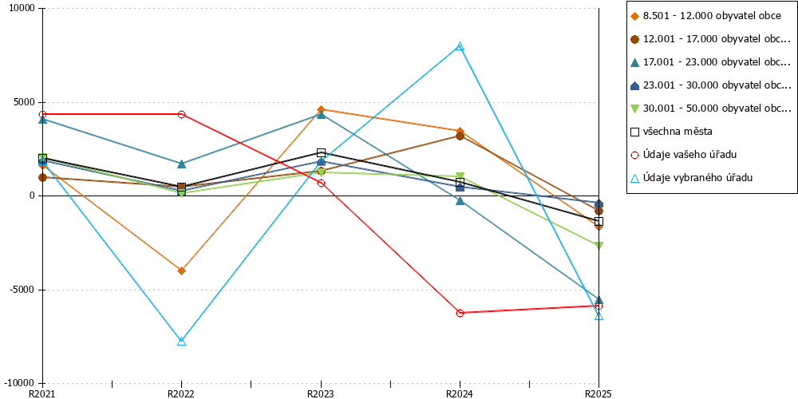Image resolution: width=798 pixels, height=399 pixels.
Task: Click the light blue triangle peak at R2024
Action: click(x=460, y=46)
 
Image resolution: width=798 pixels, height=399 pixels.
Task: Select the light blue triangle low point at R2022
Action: click(x=182, y=341)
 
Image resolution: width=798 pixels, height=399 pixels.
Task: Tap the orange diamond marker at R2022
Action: click(x=182, y=271)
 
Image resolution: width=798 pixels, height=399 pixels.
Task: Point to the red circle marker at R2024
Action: click(x=460, y=313)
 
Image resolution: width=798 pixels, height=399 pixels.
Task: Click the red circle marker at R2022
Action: click(x=182, y=114)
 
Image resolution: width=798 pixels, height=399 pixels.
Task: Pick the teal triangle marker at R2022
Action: click(x=182, y=164)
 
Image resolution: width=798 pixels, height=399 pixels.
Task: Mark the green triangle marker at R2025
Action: click(x=599, y=246)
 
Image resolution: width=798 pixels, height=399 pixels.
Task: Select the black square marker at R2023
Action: click(x=321, y=152)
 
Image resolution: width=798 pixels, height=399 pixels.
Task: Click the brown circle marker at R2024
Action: click(x=460, y=136)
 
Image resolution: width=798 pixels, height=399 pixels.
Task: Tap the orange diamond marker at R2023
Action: click(x=321, y=109)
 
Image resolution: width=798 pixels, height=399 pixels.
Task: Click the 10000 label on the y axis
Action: click(x=19, y=9)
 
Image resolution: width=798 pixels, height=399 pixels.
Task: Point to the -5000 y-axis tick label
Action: click(x=19, y=290)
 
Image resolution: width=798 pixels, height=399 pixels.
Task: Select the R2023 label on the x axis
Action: click(x=321, y=393)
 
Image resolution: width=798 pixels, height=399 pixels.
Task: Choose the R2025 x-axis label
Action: click(x=598, y=393)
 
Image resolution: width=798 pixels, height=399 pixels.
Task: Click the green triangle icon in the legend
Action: click(x=634, y=109)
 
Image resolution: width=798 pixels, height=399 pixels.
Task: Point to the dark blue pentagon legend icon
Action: click(x=634, y=85)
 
